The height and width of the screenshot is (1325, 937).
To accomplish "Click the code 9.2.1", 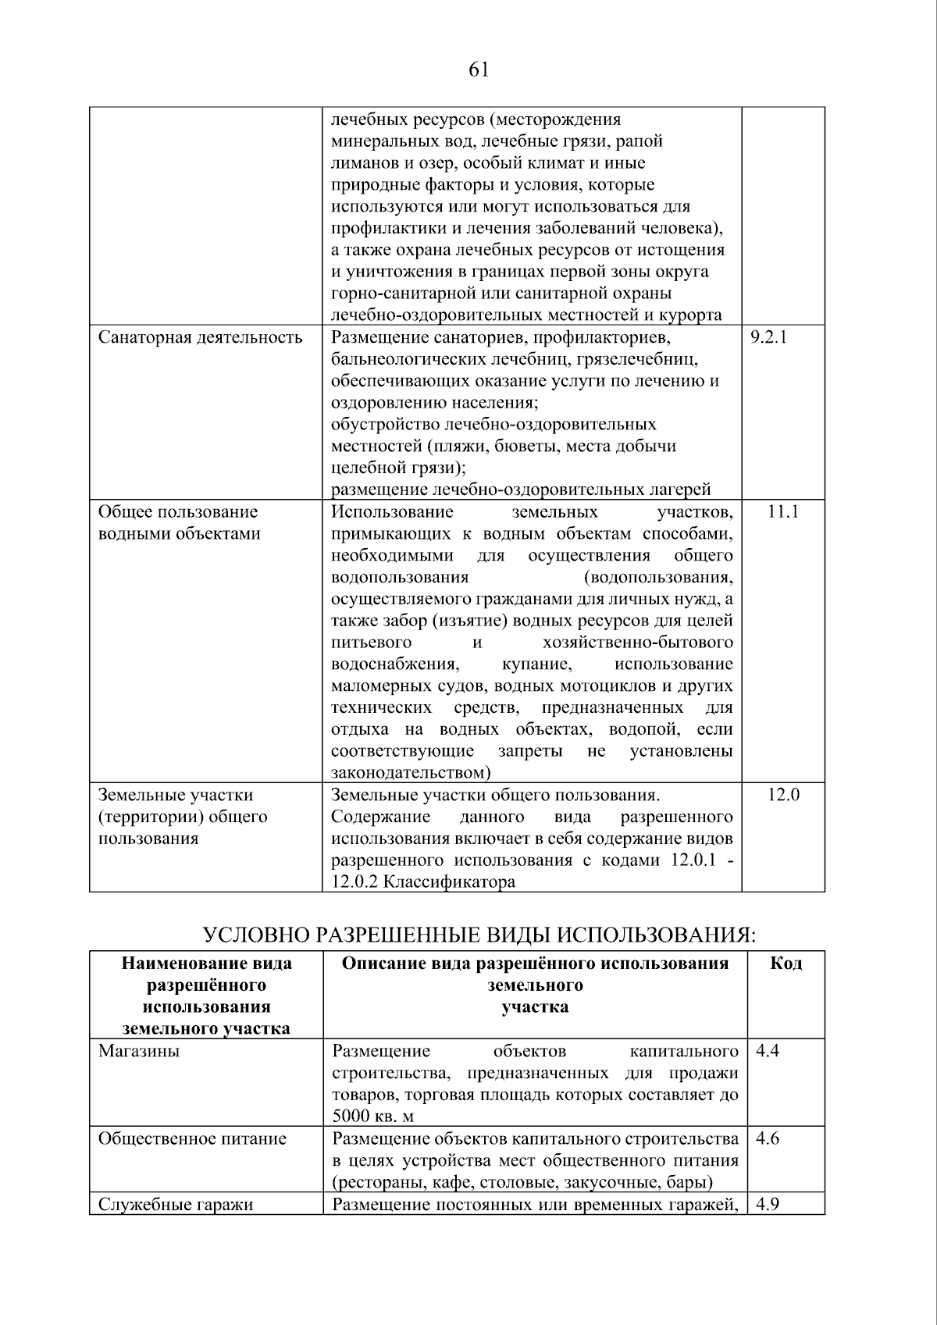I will (x=768, y=337).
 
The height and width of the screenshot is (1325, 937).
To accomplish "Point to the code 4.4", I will (x=768, y=1051).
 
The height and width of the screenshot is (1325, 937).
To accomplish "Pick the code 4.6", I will (x=768, y=1138).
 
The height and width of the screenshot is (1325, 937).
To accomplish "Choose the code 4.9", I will (x=768, y=1204).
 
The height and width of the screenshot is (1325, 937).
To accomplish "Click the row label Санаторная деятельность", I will (x=200, y=337).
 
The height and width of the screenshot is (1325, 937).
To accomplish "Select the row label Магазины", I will (x=139, y=1051).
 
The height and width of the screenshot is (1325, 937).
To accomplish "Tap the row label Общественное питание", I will (x=192, y=1138).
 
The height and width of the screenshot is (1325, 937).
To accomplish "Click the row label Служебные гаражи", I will (x=176, y=1204).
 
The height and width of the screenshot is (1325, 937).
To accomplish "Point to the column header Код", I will (x=786, y=963).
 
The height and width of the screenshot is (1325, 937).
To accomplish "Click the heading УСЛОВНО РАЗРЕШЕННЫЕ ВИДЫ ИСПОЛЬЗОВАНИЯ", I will (x=479, y=935).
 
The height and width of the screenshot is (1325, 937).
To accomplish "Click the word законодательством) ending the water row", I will (x=411, y=773).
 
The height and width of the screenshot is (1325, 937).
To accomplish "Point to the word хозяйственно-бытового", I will (x=637, y=643).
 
